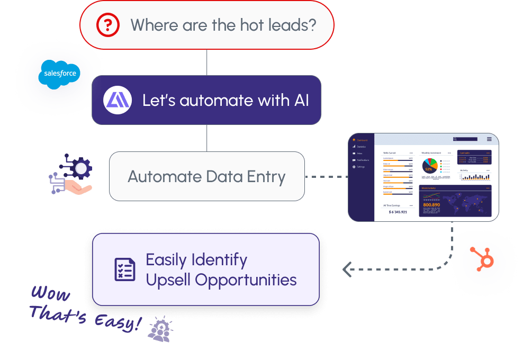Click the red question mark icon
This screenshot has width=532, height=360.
(x=107, y=25)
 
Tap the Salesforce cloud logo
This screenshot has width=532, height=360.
(x=59, y=74)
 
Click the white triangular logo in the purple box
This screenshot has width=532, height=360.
(x=118, y=101)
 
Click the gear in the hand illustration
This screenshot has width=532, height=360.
(x=81, y=169)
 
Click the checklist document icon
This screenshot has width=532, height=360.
(x=125, y=269)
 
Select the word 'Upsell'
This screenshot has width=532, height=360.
(x=168, y=280)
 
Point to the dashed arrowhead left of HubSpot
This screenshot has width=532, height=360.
(x=348, y=270)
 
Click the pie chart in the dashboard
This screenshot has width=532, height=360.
(x=430, y=166)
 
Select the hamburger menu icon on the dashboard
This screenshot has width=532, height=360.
(x=489, y=139)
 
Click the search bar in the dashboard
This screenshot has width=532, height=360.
(x=465, y=139)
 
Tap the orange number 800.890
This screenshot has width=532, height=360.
(x=431, y=204)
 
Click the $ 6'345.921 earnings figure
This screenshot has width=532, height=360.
(x=398, y=212)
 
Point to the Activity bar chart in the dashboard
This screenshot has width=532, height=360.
(x=475, y=176)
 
